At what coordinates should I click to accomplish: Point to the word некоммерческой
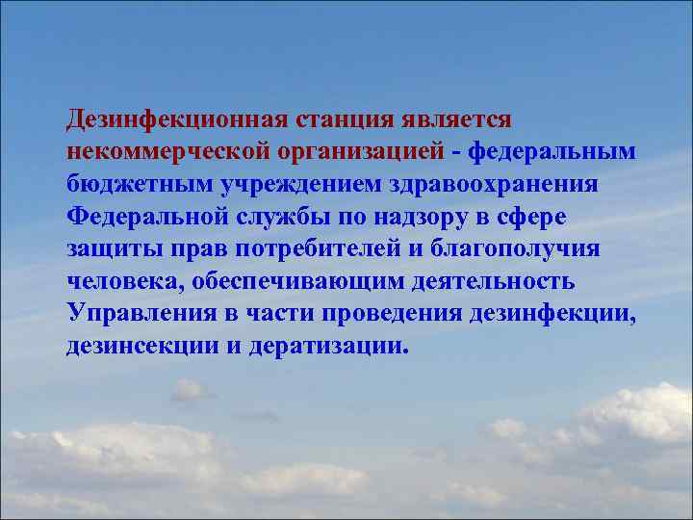(x=169, y=152)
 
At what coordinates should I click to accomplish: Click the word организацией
(x=362, y=153)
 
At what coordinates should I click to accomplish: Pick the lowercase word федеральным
(x=553, y=152)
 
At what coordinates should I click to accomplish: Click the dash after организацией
(x=457, y=153)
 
